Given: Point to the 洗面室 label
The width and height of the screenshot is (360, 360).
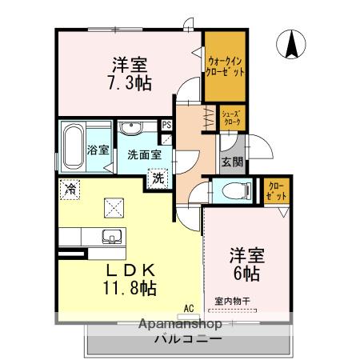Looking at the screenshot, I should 138,154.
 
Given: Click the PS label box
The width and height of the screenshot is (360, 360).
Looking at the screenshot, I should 166,126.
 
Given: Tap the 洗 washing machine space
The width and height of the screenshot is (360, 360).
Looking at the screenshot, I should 158,178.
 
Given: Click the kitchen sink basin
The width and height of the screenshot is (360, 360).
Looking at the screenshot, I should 110,237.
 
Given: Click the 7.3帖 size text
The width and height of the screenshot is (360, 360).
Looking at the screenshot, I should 126,81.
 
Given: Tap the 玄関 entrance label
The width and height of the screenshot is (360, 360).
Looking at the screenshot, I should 232,162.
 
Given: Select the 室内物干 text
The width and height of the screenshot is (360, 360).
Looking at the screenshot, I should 233,301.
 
